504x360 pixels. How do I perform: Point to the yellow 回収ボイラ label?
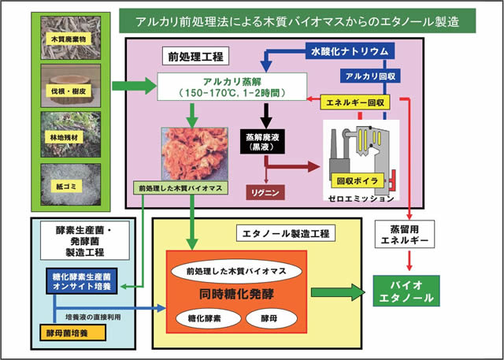pyautogui.click(x=358, y=180)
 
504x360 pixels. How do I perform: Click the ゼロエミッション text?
pyautogui.click(x=359, y=199)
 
